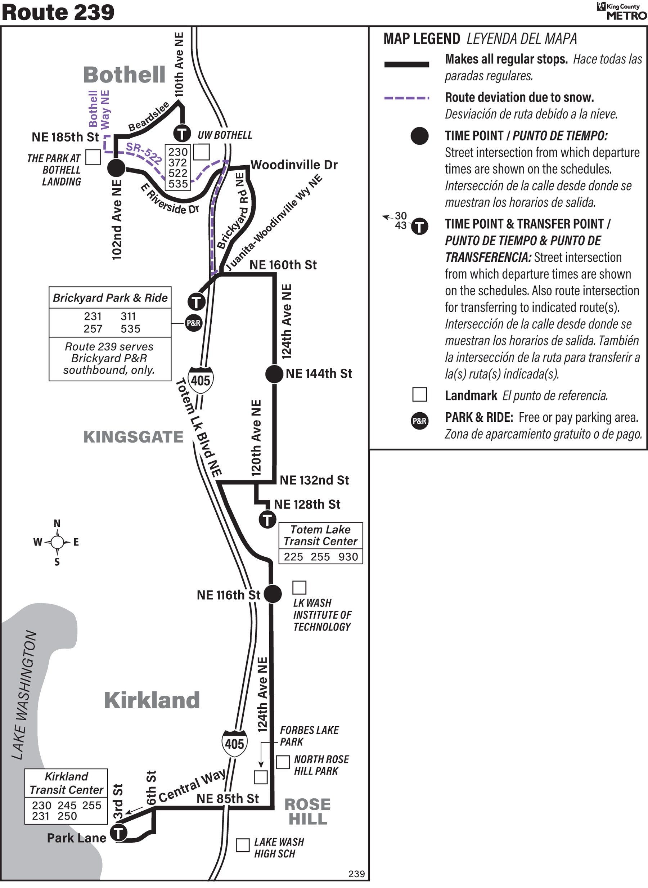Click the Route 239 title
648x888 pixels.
click(58, 12)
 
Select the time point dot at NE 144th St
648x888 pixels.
click(274, 373)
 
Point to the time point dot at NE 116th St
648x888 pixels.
click(273, 594)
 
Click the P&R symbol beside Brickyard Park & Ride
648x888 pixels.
click(193, 323)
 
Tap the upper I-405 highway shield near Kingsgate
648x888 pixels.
click(201, 380)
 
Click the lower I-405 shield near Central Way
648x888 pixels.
click(235, 743)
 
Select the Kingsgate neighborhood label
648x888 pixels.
click(133, 437)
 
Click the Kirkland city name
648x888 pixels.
click(152, 700)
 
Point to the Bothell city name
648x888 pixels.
click(124, 75)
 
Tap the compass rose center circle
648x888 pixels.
click(57, 542)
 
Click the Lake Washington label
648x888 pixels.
click(24, 695)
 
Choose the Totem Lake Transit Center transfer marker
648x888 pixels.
click(267, 520)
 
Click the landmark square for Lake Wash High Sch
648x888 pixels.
click(242, 845)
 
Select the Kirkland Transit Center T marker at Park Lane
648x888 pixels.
click(118, 833)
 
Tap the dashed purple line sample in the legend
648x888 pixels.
click(406, 98)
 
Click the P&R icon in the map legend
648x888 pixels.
click(419, 421)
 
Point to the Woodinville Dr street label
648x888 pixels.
click(294, 165)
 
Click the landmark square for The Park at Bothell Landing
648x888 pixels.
click(93, 157)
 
